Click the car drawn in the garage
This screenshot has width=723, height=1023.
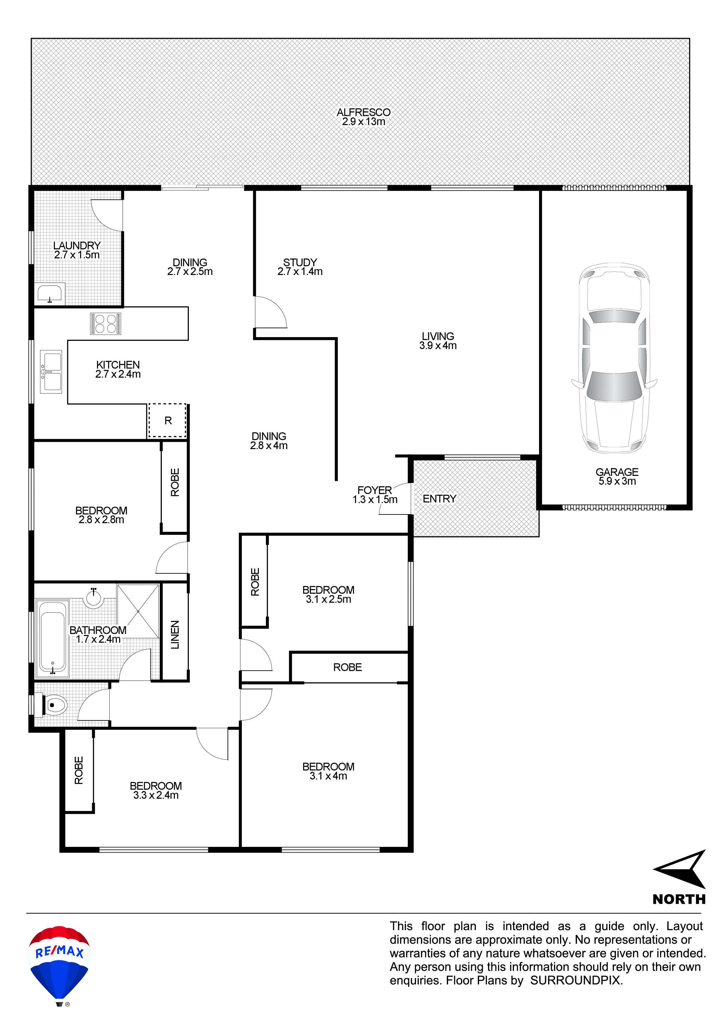pos(614,358)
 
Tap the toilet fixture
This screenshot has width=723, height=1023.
pos(53,705)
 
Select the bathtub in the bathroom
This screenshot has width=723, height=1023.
pos(52,638)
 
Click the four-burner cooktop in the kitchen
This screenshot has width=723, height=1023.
pos(106,323)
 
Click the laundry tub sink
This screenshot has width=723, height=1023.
pos(50,294)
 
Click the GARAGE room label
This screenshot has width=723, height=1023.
pos(617,472)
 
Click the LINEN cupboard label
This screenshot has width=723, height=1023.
pos(175,635)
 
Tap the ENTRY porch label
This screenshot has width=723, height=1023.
pos(439,499)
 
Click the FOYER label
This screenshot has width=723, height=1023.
pos(375,490)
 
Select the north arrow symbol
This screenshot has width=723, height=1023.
pos(679,869)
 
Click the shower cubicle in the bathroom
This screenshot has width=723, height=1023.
pos(138,611)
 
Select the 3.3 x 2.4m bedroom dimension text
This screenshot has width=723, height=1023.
pos(156,795)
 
